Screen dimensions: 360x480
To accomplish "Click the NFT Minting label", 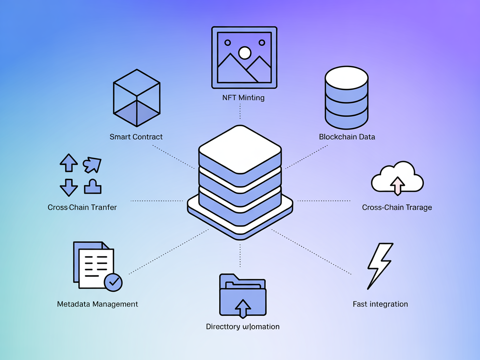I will tap(244, 98).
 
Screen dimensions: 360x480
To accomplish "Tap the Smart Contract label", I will tap(136, 137).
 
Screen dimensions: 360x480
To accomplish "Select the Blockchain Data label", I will tap(347, 137).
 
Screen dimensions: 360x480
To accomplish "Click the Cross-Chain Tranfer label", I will tap(82, 207).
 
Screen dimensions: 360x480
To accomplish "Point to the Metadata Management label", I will tap(97, 304).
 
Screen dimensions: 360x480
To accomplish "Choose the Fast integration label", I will tap(380, 304).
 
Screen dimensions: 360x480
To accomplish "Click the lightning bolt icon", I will tap(379, 266).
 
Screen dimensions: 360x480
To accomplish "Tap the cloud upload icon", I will tap(397, 178).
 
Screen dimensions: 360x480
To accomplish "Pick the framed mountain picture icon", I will tap(244, 57).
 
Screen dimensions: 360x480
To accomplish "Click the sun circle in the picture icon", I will tap(245, 53).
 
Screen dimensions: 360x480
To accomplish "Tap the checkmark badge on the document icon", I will tap(113, 282).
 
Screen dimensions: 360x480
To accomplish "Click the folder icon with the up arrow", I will tap(242, 295).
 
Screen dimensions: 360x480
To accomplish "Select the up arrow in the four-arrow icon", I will tap(69, 162).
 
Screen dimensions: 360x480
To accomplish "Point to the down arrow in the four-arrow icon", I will tap(69, 187).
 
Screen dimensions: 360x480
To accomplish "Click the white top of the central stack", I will tap(240, 149).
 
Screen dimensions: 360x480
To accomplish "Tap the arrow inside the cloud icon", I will tap(398, 185).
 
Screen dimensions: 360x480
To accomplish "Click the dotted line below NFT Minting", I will tap(240, 111).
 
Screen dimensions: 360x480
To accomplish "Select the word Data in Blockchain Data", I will tap(366, 137).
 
